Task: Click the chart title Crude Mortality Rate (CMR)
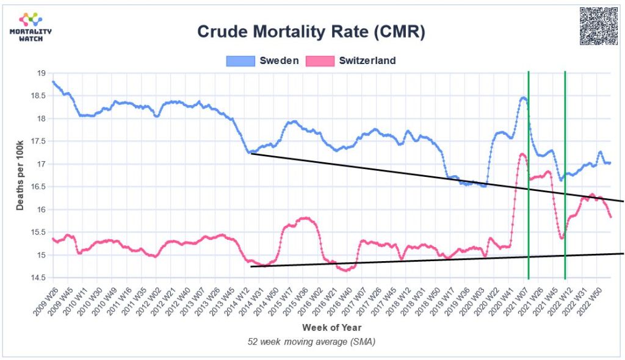pyautogui.click(x=311, y=32)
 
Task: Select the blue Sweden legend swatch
pyautogui.click(x=240, y=60)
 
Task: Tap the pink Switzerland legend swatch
pyautogui.click(x=320, y=60)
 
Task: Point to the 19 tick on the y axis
pyautogui.click(x=42, y=73)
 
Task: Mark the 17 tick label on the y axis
pyautogui.click(x=42, y=164)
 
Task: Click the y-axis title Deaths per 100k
pyautogui.click(x=20, y=175)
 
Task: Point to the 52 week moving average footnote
pyautogui.click(x=311, y=342)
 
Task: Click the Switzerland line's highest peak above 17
pyautogui.click(x=522, y=154)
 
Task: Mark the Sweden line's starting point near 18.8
pyautogui.click(x=54, y=82)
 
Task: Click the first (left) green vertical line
pyautogui.click(x=529, y=183)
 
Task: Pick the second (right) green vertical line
pyautogui.click(x=565, y=183)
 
